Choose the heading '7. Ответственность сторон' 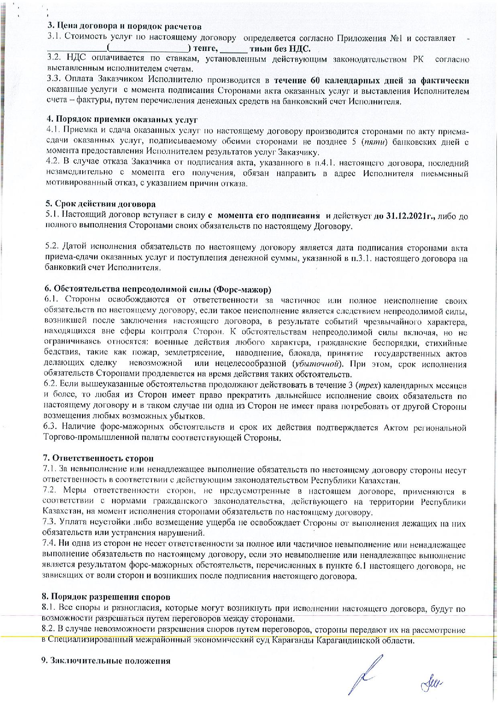pyautogui.click(x=98, y=458)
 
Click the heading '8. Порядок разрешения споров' pyautogui.click(x=106, y=598)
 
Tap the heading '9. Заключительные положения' pyautogui.click(x=106, y=661)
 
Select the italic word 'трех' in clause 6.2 pyautogui.click(x=367, y=386)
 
